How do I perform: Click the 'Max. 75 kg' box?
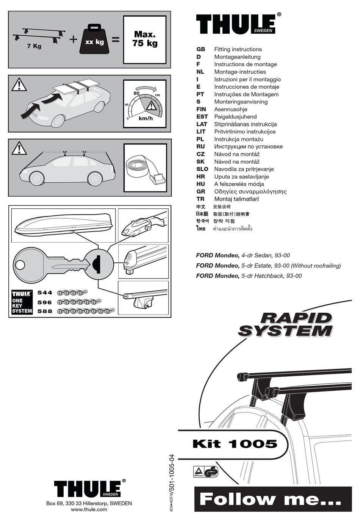pos(145,39)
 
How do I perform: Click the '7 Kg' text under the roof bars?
pos(34,46)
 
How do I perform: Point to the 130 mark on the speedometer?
pos(157,95)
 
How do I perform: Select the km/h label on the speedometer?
pos(146,118)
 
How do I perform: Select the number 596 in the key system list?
pos(45,302)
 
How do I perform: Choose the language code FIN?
pos(201,109)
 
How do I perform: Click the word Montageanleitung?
pos(237,57)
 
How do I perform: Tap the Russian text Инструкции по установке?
pos(248,147)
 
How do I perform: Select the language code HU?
pos(200,184)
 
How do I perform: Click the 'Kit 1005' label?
pos(235,444)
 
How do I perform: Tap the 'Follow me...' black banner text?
pos(270,499)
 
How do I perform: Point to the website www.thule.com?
pos(89,509)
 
